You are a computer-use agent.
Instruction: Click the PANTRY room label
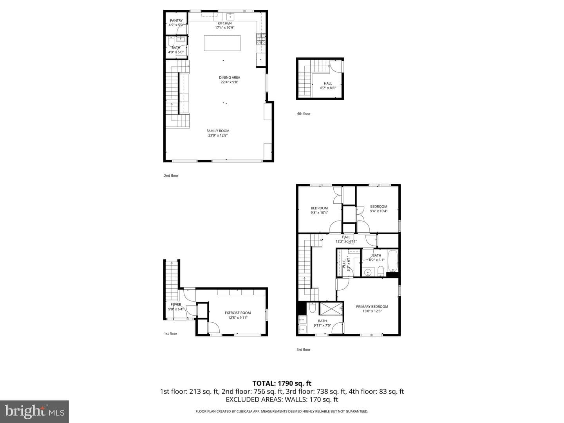click(x=176, y=20)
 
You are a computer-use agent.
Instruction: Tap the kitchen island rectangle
click(x=222, y=43)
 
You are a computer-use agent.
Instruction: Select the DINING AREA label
click(x=230, y=77)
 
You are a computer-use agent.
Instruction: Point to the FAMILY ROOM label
click(x=218, y=131)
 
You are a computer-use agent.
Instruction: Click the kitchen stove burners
click(x=261, y=39)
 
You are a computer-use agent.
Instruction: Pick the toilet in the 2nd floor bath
click(x=171, y=42)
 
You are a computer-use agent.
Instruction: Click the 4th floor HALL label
click(x=328, y=83)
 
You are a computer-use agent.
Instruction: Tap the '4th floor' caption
click(x=304, y=114)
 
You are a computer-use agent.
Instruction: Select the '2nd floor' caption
click(x=171, y=176)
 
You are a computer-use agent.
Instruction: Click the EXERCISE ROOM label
click(x=238, y=313)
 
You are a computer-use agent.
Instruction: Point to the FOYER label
click(x=176, y=304)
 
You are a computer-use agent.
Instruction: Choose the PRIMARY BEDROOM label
click(x=372, y=306)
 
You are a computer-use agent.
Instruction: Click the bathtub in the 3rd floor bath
click(x=392, y=261)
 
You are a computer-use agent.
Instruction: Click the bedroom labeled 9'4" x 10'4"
click(x=378, y=208)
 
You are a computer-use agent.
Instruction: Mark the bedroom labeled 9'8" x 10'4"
click(x=319, y=210)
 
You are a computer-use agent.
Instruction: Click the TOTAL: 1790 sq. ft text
click(x=282, y=383)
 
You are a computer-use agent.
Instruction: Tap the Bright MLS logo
click(x=34, y=411)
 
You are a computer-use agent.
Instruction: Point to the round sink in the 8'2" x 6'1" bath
click(x=368, y=272)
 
